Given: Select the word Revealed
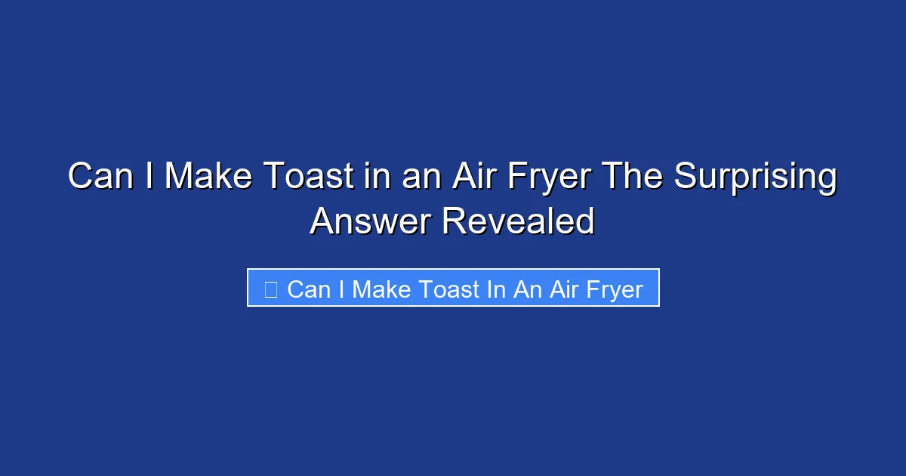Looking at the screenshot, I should (518, 221).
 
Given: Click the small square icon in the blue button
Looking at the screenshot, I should (271, 289).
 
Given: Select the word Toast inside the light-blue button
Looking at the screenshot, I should (453, 289).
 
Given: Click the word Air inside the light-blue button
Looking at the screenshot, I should (563, 289).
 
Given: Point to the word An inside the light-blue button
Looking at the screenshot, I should (527, 289).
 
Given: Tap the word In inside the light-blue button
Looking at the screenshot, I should (496, 289).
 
